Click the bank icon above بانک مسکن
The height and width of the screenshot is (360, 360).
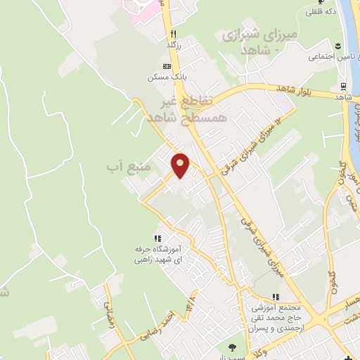(167, 65)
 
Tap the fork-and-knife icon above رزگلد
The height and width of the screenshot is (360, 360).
(173, 34)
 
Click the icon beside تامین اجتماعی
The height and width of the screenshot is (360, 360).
(301, 56)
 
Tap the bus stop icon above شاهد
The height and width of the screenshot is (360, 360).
(343, 87)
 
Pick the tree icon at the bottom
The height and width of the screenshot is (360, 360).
(233, 347)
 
